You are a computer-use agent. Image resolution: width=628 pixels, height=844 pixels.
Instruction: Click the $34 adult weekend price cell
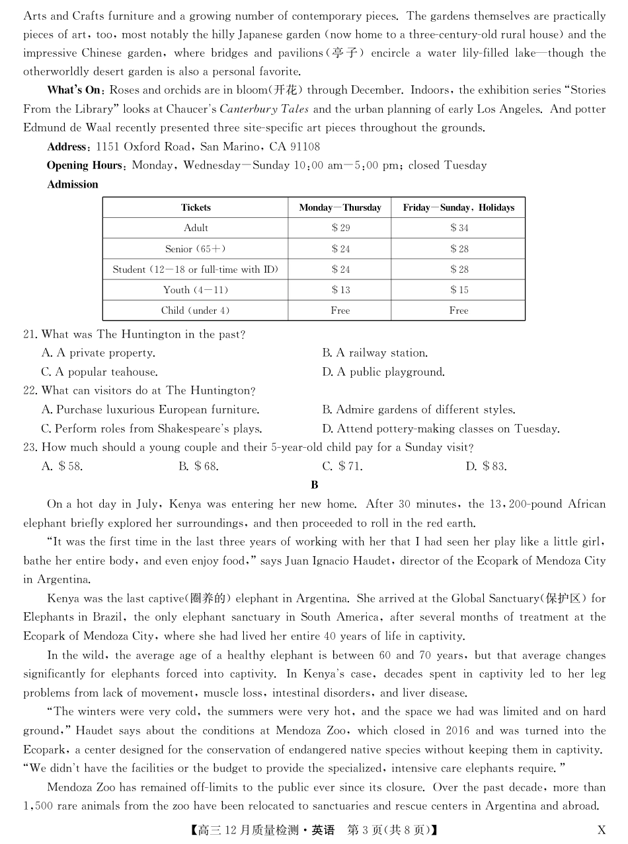(x=459, y=228)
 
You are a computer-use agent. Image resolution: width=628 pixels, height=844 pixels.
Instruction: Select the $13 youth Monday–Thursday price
(x=340, y=290)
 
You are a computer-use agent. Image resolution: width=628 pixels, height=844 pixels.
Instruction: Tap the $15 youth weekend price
(x=459, y=290)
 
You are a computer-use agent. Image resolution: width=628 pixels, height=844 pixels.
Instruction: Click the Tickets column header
(x=196, y=207)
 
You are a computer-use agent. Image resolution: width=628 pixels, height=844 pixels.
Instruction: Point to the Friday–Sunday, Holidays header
(x=458, y=207)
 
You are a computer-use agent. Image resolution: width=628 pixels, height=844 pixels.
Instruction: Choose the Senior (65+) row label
(x=196, y=249)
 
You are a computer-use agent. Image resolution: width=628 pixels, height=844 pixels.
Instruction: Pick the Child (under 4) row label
(x=196, y=310)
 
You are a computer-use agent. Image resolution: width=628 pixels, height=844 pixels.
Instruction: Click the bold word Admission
(x=73, y=185)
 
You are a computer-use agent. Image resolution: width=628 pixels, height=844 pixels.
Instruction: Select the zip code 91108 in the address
(x=303, y=147)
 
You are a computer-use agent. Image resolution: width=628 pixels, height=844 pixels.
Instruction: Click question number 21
(x=30, y=335)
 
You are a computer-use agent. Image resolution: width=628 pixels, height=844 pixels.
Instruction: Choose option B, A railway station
(x=375, y=353)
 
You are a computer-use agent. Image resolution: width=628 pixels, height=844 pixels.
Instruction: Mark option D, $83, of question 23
(x=486, y=466)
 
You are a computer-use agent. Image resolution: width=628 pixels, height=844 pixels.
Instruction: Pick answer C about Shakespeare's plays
(x=151, y=429)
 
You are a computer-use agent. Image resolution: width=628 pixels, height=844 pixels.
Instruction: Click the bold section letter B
(x=315, y=485)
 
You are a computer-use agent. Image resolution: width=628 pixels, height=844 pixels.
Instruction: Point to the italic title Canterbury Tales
(x=264, y=109)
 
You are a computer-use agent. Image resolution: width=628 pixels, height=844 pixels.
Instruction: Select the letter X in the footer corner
(x=601, y=830)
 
